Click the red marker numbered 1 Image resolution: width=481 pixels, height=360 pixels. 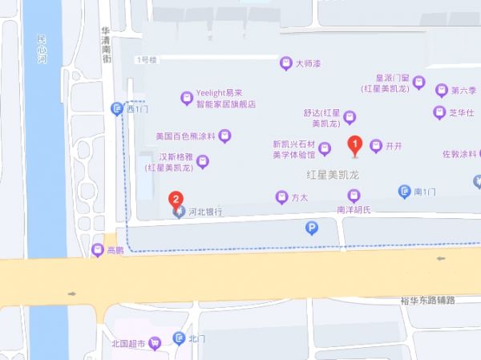pos(355,145)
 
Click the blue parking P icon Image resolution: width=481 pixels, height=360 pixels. pos(312,229)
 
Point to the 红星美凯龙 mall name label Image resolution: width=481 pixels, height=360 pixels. pos(330,174)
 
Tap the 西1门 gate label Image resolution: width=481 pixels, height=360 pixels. pos(137,108)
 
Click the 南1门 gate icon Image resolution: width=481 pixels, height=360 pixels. pos(405,191)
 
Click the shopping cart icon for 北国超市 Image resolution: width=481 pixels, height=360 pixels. pos(154,344)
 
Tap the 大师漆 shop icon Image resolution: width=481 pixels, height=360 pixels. pos(285,63)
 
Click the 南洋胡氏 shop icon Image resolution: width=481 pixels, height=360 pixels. pos(354,196)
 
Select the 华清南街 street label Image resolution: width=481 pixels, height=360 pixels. pos(105,45)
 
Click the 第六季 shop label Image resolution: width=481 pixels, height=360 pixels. pos(464,90)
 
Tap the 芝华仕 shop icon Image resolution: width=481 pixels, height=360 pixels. pos(439,112)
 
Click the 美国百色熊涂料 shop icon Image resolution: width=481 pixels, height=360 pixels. pos(226,136)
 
